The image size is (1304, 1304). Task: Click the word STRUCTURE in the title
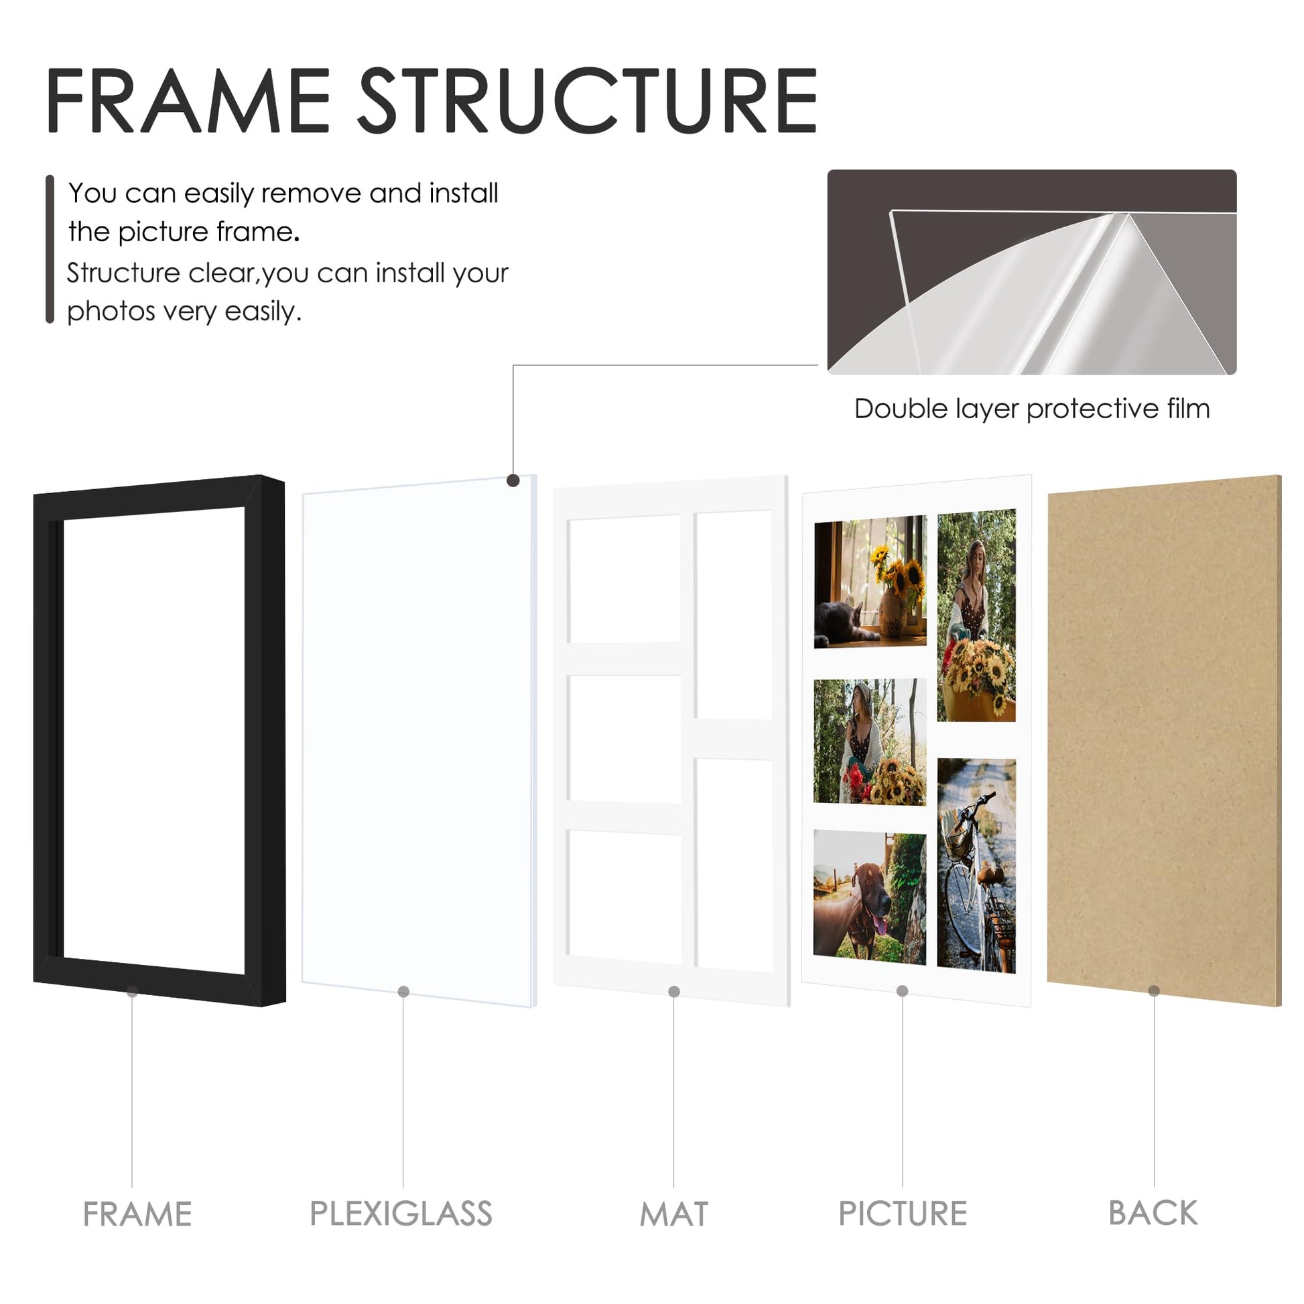coord(587,101)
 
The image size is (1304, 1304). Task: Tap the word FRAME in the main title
coord(188,101)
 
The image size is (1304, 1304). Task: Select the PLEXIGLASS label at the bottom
coord(401,1214)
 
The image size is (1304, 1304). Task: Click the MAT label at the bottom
coord(673,1214)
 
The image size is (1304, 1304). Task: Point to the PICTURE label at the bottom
coord(903,1214)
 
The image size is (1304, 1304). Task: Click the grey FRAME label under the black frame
coord(137,1214)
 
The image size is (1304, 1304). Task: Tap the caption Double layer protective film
coord(1032,408)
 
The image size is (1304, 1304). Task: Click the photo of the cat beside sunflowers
coord(870,582)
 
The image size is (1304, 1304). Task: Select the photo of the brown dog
coord(869,897)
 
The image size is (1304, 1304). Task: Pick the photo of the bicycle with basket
coord(976,866)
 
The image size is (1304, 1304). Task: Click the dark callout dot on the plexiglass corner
coord(513,480)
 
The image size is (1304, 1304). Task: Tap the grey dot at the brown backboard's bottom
coord(1153,991)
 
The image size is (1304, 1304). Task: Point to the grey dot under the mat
coord(673,992)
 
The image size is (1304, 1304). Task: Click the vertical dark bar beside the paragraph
coord(50,249)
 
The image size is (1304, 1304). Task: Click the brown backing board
coord(1163,741)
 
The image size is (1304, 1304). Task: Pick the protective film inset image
coord(1032,271)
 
